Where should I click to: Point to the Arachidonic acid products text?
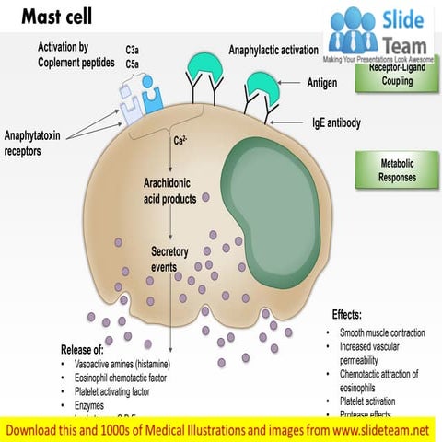click(x=169, y=191)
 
